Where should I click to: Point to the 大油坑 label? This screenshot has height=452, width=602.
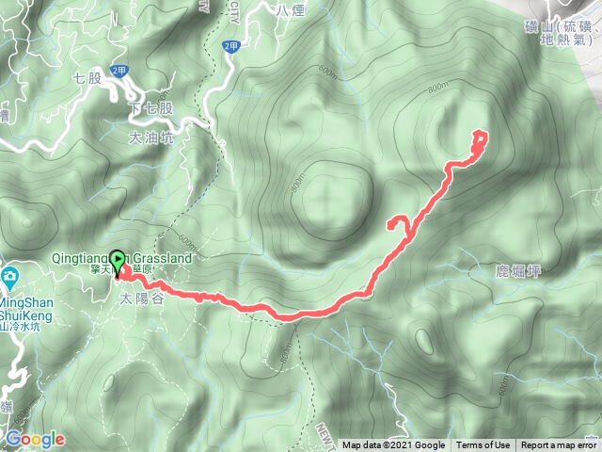click(x=150, y=137)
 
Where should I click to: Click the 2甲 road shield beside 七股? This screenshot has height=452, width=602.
click(x=119, y=70)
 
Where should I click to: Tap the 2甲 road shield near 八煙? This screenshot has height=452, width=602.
click(x=231, y=44)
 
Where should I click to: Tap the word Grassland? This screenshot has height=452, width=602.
click(x=166, y=257)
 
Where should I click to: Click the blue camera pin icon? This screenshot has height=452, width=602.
click(x=10, y=276)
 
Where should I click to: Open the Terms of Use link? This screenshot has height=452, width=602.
click(x=483, y=445)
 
